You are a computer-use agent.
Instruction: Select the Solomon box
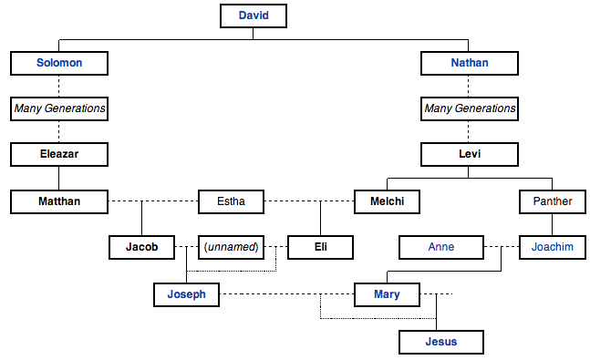pos(59,63)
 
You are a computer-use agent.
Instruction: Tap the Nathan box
pos(470,63)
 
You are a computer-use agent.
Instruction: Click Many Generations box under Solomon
pos(59,109)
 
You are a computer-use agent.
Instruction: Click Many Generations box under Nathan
pos(470,109)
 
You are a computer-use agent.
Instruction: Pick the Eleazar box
pos(59,154)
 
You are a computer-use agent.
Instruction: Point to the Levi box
pos(470,154)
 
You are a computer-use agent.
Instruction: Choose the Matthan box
pos(59,201)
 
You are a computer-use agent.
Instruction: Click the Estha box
pos(231,201)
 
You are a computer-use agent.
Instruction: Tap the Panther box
pos(552,201)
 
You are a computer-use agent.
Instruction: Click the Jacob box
pos(141,247)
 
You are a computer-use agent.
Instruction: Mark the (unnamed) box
pos(231,247)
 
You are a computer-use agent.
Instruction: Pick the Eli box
pos(320,247)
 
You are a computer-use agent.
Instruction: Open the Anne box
pos(441,247)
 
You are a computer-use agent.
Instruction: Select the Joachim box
pos(552,247)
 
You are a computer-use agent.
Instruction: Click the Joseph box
pos(186,294)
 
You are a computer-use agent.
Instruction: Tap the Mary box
pos(387,294)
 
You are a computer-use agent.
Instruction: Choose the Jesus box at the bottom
pos(440,342)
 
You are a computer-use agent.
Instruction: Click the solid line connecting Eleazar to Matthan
pos(59,177)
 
